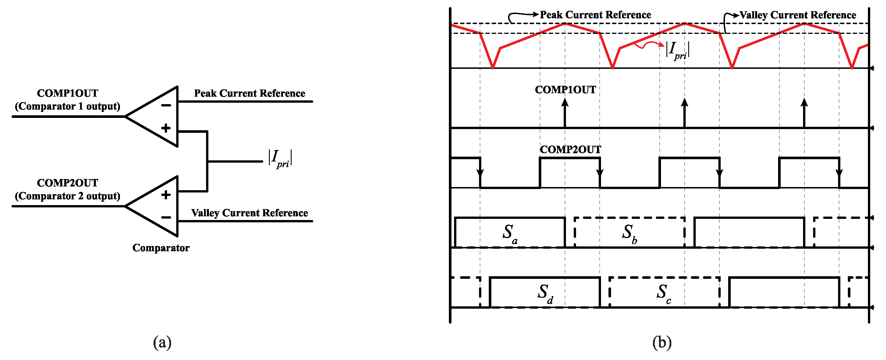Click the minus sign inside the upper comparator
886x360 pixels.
pos(166,106)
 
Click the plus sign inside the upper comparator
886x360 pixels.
pos(166,128)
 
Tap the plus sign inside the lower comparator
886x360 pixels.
pos(166,195)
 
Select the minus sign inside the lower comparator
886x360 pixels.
pos(166,217)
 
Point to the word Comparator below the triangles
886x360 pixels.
pos(161,248)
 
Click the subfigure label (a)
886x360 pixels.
pos(162,342)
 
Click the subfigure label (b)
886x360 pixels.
pos(662,342)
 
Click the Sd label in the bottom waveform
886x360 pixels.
pos(545,293)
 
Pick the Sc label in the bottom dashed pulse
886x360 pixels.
pos(663,293)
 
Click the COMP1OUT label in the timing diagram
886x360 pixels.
pos(565,90)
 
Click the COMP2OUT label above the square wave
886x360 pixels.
pos(570,149)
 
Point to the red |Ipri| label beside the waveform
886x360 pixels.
pos(677,50)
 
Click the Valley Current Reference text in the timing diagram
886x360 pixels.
pos(798,15)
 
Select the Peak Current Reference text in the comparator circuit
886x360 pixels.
pos(249,93)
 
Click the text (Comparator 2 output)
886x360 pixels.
pos(67,196)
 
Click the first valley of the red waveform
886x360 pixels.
pos(493,67)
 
